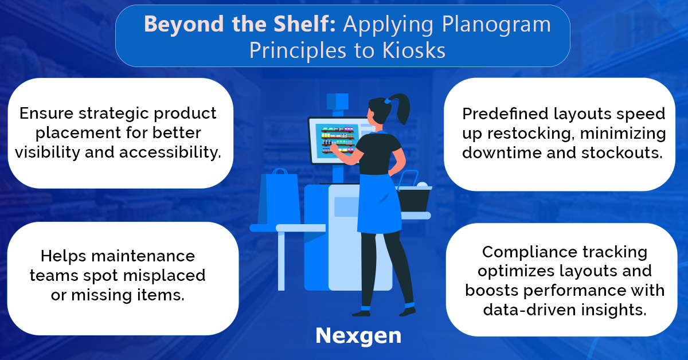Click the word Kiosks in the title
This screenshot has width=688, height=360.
(414, 50)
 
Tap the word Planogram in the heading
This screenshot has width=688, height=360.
(497, 25)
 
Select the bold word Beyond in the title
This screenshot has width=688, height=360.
(183, 25)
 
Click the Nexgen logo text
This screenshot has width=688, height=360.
(358, 336)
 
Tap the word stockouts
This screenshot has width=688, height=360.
(622, 152)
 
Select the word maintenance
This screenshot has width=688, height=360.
(143, 256)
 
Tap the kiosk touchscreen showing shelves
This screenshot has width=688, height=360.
(337, 140)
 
